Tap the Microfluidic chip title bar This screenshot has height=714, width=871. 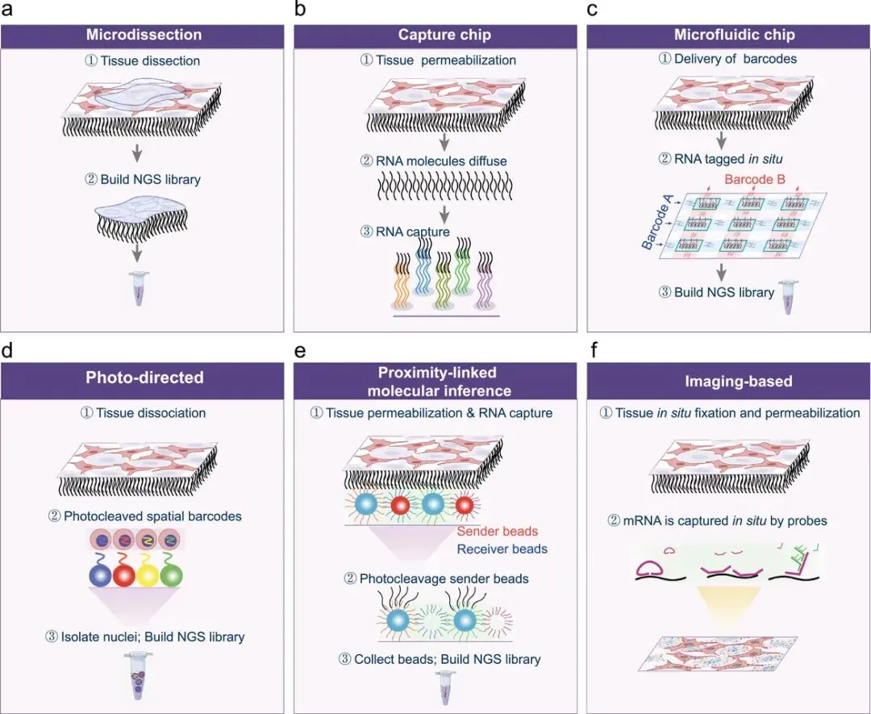[727, 35]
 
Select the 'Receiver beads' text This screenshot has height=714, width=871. [501, 549]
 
